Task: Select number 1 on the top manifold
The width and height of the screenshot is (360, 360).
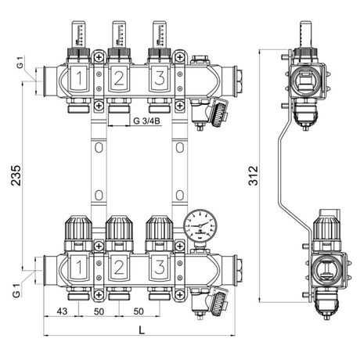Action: (80, 79)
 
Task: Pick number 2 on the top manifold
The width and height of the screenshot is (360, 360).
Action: (119, 79)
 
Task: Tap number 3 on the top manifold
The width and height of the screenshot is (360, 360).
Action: (159, 79)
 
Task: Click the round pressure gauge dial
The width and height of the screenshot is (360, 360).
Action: (199, 225)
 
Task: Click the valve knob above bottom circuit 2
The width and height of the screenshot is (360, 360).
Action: (119, 229)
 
